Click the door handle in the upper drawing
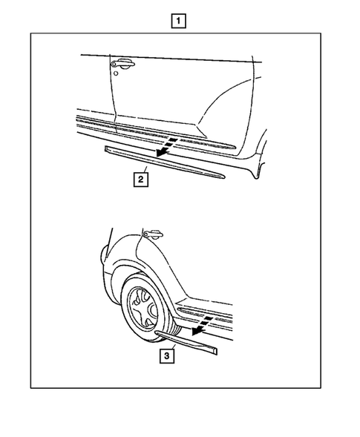(124, 65)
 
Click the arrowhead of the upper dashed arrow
(158, 154)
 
